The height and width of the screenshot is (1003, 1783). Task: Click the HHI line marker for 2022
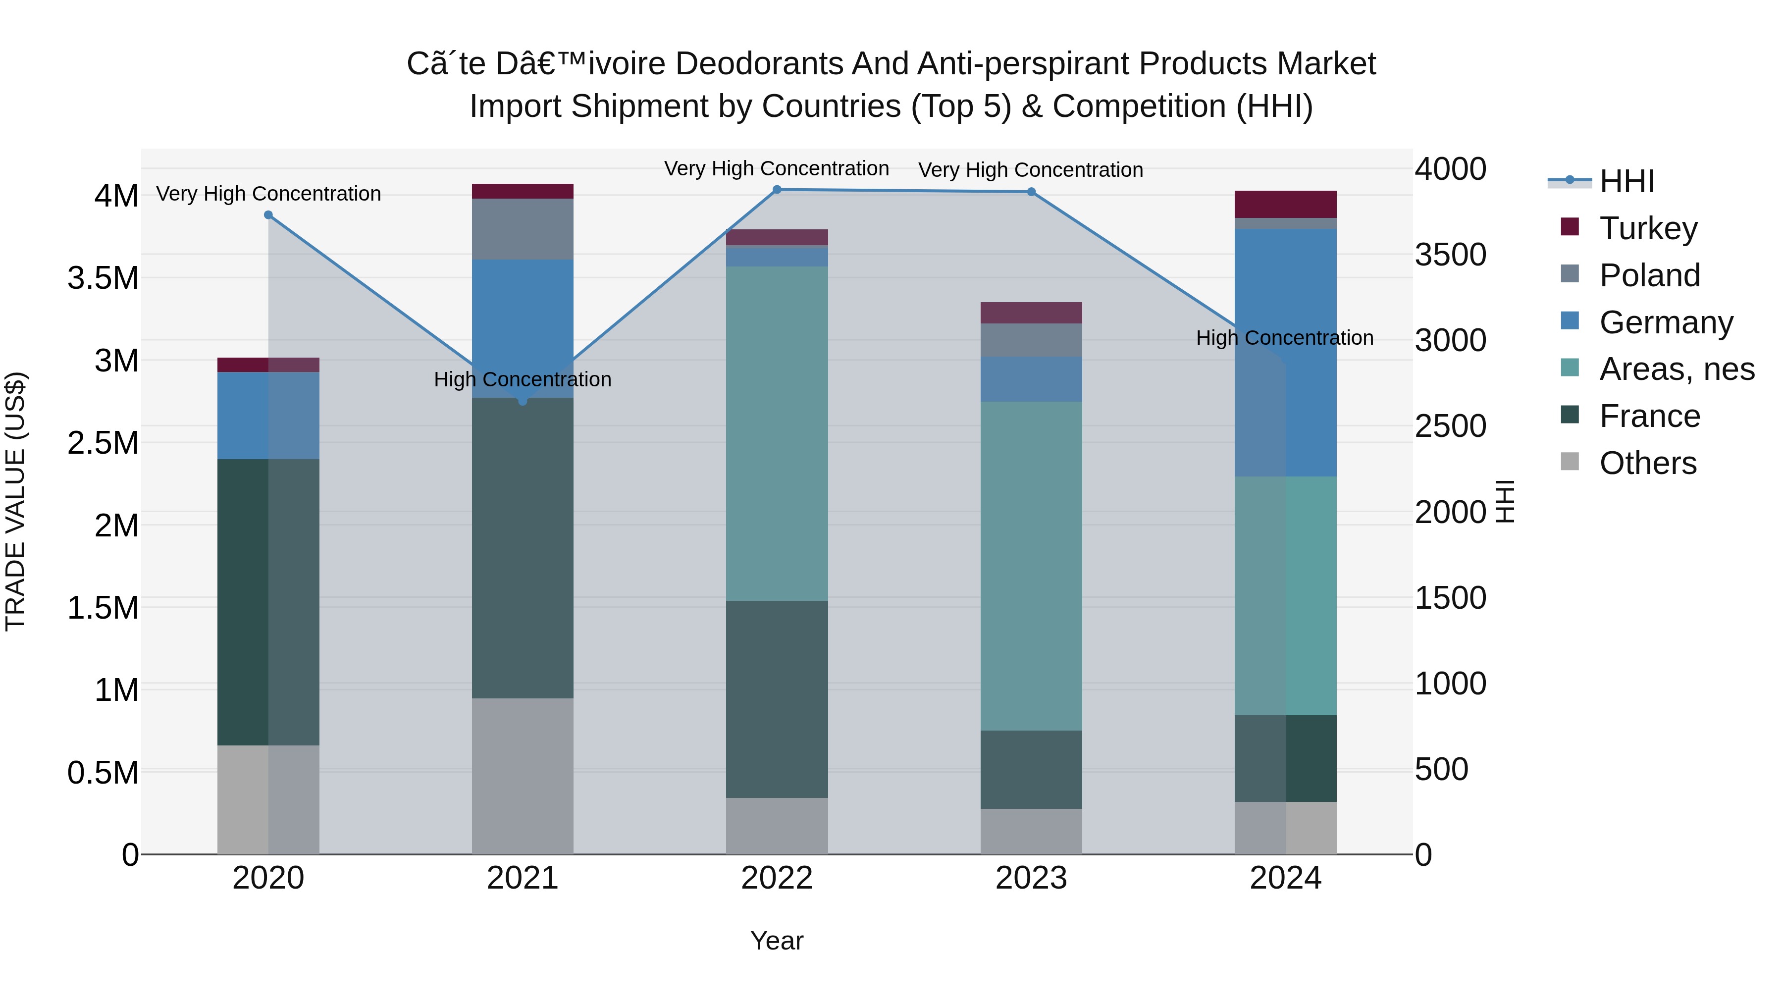tap(777, 190)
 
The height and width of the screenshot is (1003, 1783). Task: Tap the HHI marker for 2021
tap(523, 401)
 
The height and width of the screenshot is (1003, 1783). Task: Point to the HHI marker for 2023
tap(1031, 192)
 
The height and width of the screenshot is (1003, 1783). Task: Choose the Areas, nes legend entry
tap(1677, 369)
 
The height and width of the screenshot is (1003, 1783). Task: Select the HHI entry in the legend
tap(1626, 181)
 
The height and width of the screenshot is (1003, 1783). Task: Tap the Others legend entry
tap(1647, 463)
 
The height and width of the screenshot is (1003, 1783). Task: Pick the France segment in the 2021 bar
tap(523, 547)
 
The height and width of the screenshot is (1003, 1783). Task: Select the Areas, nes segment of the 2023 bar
tap(1031, 566)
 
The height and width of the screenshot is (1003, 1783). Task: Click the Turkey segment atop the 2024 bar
tap(1285, 204)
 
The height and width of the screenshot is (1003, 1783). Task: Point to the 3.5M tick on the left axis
tap(103, 278)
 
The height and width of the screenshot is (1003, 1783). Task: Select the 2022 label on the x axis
tap(777, 878)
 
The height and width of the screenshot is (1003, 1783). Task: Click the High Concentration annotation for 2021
tap(523, 379)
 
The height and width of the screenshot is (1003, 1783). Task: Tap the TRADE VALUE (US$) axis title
tap(15, 501)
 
